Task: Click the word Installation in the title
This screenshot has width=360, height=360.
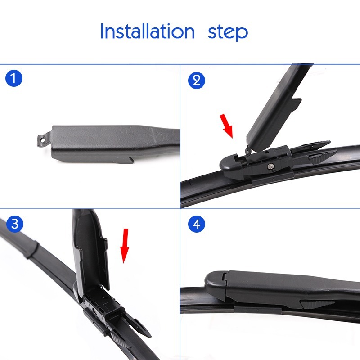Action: (x=148, y=31)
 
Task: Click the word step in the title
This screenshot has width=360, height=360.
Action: (x=228, y=33)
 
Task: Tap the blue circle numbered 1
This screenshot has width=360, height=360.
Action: (x=14, y=78)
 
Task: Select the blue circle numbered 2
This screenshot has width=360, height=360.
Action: (x=197, y=81)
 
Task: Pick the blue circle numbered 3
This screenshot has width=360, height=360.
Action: (x=14, y=224)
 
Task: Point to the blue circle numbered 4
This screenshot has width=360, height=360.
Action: (x=197, y=224)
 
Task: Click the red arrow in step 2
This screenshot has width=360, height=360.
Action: (x=227, y=126)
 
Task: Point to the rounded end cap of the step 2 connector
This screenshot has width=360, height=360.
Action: (x=229, y=164)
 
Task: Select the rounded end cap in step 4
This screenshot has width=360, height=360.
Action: (x=216, y=284)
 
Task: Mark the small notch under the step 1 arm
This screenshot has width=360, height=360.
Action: (x=131, y=160)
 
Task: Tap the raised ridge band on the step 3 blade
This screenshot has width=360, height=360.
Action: (x=31, y=249)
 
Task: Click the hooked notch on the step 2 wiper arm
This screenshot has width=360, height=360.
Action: (x=296, y=103)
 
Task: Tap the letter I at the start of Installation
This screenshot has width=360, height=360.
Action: (x=102, y=31)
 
